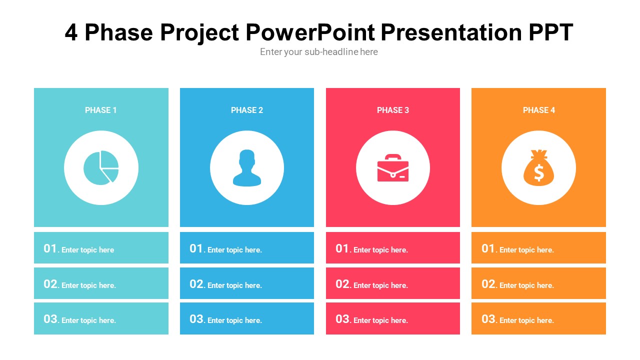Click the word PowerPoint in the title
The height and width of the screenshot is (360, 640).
[x=310, y=33]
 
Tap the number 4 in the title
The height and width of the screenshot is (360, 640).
[x=71, y=33]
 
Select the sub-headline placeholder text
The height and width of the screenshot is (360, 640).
[x=319, y=52]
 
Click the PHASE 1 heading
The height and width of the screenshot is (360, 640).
[x=101, y=110]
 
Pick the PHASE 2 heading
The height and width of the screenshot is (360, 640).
[x=247, y=110]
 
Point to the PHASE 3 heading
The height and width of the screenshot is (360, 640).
[x=393, y=110]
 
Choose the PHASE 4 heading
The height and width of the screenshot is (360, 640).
[x=539, y=110]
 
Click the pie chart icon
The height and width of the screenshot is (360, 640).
[x=101, y=167]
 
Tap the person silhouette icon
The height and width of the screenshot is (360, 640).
[x=247, y=168]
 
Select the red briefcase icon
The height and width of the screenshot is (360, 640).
[x=393, y=168]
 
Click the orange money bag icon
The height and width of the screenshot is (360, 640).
[x=538, y=168]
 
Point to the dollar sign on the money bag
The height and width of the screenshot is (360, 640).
[x=538, y=173]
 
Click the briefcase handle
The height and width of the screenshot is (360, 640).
[x=393, y=157]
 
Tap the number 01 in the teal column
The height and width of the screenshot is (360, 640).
[x=50, y=248]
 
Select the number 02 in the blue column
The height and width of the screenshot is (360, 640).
[x=196, y=284]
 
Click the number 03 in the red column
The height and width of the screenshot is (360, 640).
[x=342, y=319]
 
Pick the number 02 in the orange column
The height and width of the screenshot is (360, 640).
[x=488, y=284]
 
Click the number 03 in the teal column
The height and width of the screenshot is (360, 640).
[x=50, y=319]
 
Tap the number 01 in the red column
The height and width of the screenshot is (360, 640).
[x=342, y=248]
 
